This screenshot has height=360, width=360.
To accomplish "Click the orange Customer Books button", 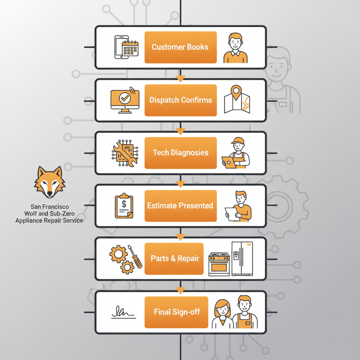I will pyautogui.click(x=180, y=47).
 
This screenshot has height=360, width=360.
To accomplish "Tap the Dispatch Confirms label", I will pyautogui.click(x=180, y=100).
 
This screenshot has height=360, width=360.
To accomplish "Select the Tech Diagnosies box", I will pyautogui.click(x=180, y=153).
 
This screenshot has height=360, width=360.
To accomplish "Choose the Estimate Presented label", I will pyautogui.click(x=180, y=206).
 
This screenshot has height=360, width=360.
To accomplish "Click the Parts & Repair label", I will pyautogui.click(x=174, y=258).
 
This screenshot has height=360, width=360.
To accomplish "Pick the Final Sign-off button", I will pyautogui.click(x=176, y=312).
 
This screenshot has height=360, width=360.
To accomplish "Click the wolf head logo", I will pyautogui.click(x=50, y=182).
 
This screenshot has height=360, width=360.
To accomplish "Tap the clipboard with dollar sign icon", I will pyautogui.click(x=124, y=206).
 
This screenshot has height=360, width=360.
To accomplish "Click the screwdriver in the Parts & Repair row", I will pyautogui.click(x=135, y=257).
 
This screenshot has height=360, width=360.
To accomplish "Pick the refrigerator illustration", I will pyautogui.click(x=242, y=258).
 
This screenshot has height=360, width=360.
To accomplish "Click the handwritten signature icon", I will pyautogui.click(x=123, y=312).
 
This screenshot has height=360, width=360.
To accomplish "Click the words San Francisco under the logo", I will pyautogui.click(x=49, y=207).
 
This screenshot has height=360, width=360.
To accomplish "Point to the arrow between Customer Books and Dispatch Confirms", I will pyautogui.click(x=180, y=78).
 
